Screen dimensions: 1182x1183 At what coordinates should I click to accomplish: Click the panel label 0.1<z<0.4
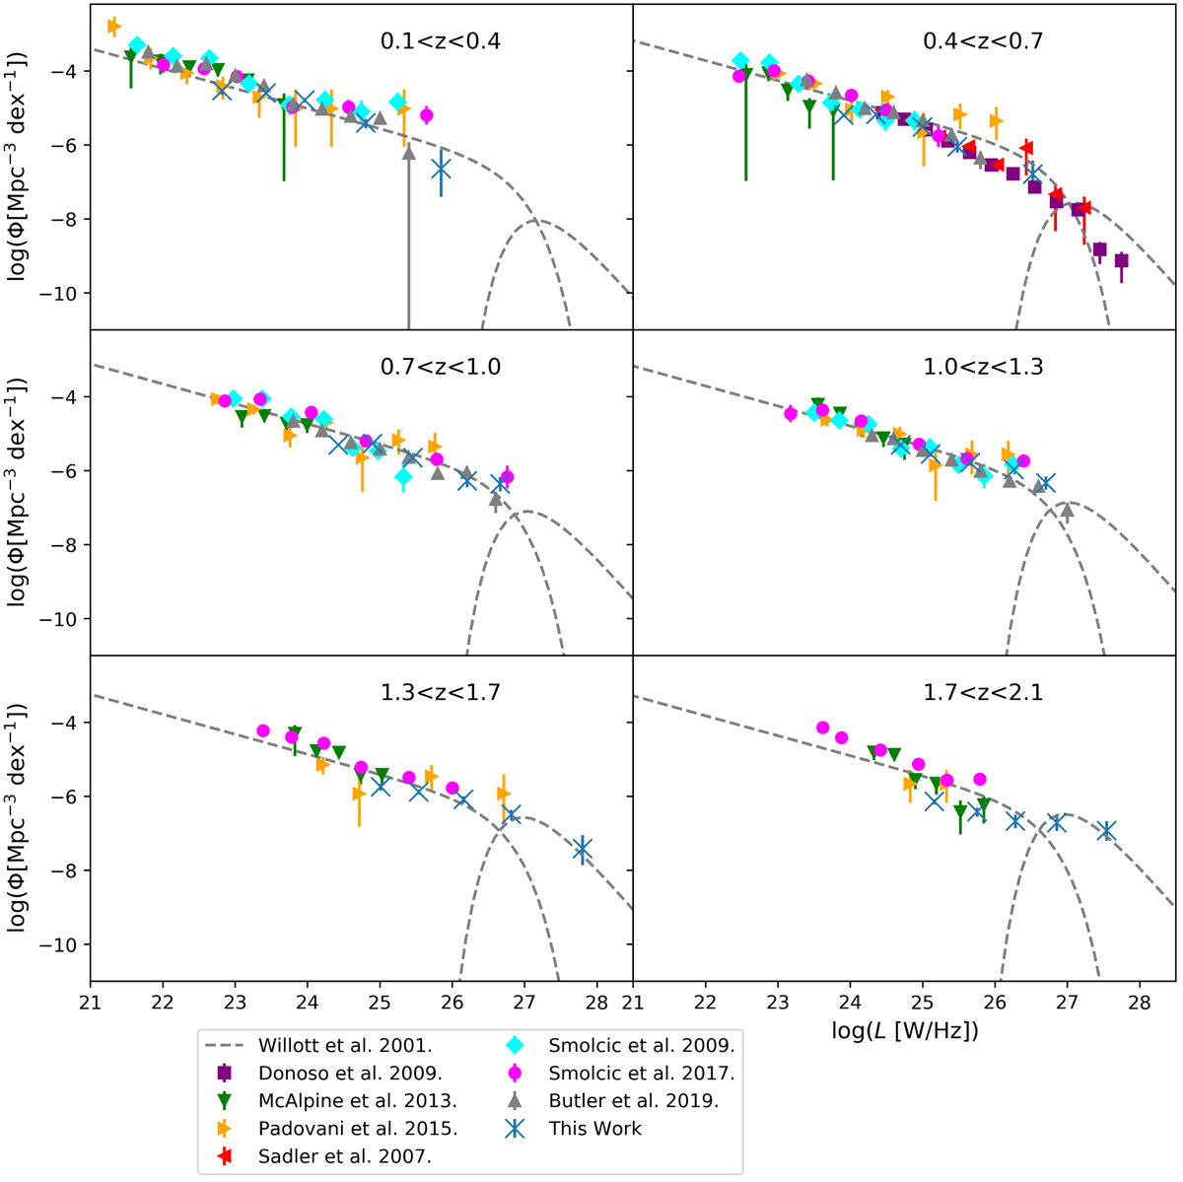pyautogui.click(x=440, y=41)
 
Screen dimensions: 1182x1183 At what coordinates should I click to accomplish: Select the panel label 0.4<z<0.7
pyautogui.click(x=982, y=41)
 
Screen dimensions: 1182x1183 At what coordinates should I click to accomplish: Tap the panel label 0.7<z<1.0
pyautogui.click(x=440, y=367)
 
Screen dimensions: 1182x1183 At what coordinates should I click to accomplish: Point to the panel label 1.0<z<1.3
pyautogui.click(x=982, y=367)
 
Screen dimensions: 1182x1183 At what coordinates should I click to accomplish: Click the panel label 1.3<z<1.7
pyautogui.click(x=440, y=692)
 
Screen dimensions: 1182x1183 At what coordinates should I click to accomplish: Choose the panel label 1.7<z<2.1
pyautogui.click(x=982, y=692)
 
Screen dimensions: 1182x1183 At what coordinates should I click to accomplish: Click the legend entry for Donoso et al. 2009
pyautogui.click(x=326, y=1073)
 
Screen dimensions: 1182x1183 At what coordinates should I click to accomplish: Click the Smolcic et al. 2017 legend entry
pyautogui.click(x=642, y=1073)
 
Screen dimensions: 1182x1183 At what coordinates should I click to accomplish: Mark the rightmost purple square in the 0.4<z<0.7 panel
pyautogui.click(x=1121, y=261)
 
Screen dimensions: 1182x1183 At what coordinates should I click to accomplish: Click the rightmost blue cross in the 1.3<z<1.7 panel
pyautogui.click(x=583, y=849)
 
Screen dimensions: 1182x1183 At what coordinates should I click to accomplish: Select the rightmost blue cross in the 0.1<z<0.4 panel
pyautogui.click(x=441, y=169)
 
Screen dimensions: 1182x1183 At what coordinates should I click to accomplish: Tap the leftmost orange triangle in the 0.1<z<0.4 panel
pyautogui.click(x=113, y=26)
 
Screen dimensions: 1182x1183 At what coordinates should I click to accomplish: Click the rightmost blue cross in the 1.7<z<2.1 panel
pyautogui.click(x=1106, y=831)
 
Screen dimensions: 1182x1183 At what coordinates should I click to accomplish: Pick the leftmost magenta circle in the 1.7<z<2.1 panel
pyautogui.click(x=823, y=728)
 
